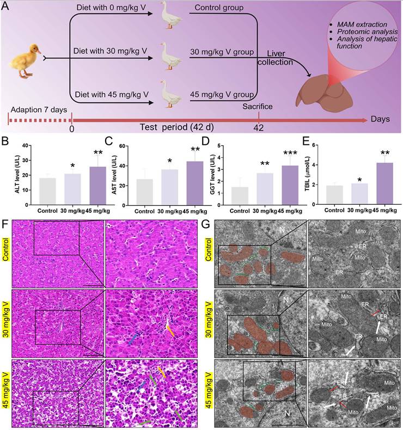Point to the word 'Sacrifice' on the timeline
pos(258,107)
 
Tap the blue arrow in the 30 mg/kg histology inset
pos(134,338)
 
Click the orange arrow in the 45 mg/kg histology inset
pos(162,371)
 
